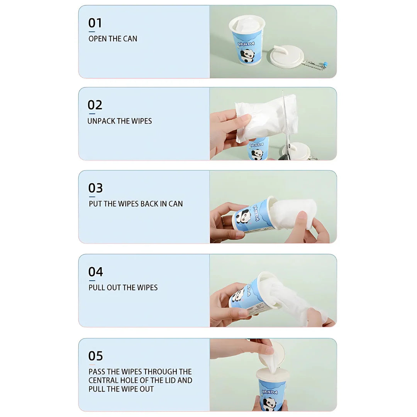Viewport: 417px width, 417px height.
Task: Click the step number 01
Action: [95, 23]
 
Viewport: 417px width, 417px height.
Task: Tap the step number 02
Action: [95, 105]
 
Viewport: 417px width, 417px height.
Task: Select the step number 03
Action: [95, 188]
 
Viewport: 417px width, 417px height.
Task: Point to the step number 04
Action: [95, 272]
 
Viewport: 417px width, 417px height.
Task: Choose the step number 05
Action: [95, 356]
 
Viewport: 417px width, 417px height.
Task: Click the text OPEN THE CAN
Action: [113, 39]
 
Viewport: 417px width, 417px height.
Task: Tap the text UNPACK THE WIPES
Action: [120, 121]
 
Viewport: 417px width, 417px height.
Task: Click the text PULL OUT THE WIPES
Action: [123, 288]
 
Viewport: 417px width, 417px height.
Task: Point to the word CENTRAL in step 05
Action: [103, 380]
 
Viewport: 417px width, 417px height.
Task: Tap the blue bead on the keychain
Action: [325, 64]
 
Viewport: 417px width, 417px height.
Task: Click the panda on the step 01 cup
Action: [247, 56]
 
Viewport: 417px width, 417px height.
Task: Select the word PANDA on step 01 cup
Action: [246, 44]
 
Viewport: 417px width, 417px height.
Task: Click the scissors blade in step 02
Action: [285, 117]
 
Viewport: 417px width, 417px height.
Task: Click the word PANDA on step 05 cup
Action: [270, 392]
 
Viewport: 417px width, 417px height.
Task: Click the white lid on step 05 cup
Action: [273, 374]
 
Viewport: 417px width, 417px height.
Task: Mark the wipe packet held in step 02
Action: [266, 119]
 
